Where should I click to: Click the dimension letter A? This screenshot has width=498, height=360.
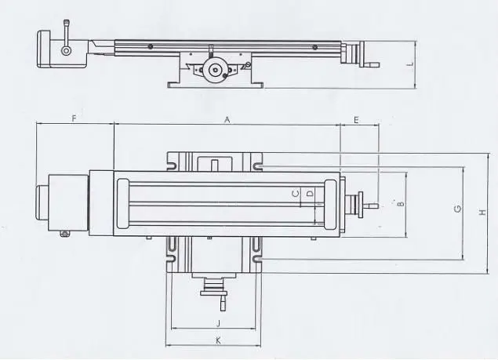[227, 119]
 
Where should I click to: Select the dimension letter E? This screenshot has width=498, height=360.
[356, 119]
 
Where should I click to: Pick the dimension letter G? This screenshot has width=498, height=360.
[456, 209]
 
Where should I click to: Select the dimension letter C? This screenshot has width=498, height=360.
[296, 192]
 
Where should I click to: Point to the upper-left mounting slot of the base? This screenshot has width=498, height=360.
[170, 165]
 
